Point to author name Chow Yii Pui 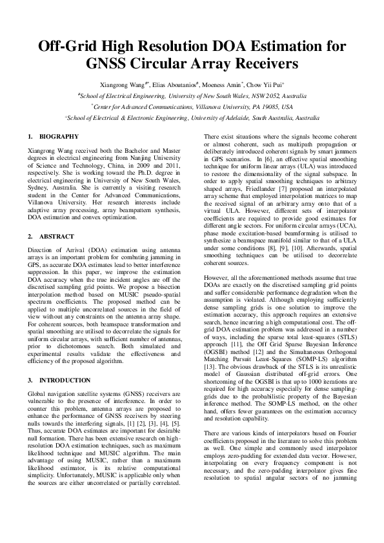pos(270,84)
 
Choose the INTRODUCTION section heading pos(65,381)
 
